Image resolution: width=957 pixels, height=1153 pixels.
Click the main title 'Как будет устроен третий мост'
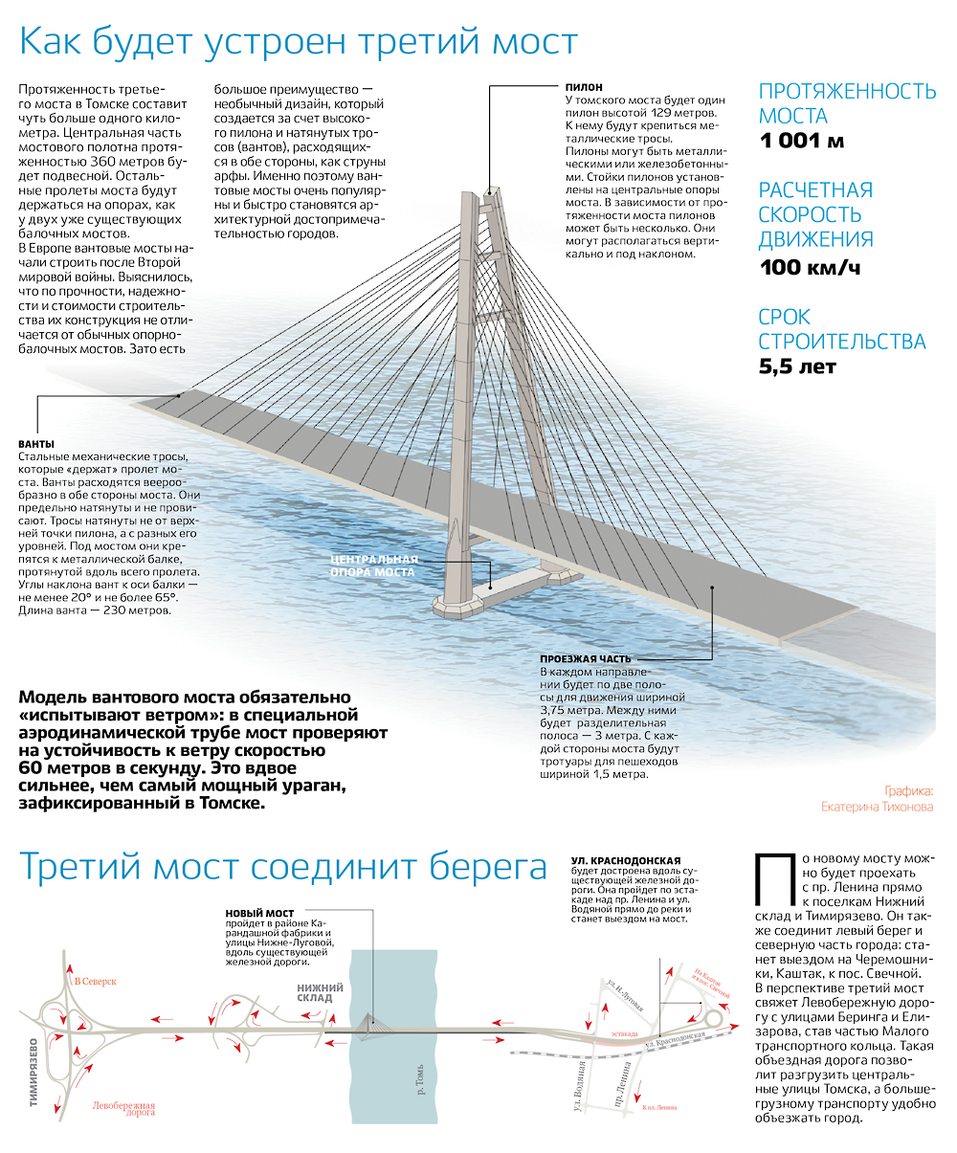click(299, 43)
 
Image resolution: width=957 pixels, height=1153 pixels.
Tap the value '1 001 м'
click(802, 143)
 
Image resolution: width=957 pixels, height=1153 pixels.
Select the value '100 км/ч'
click(810, 267)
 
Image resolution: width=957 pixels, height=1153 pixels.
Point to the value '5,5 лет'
click(797, 366)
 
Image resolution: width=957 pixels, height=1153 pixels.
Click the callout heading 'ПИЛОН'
click(585, 87)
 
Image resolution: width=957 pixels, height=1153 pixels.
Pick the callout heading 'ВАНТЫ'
click(36, 444)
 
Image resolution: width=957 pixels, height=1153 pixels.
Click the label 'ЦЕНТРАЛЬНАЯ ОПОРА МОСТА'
click(373, 565)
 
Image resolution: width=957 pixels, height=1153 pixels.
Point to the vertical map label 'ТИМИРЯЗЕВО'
click(33, 1072)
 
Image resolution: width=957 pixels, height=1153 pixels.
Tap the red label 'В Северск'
click(95, 982)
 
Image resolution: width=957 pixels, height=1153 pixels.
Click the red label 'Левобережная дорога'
click(124, 1108)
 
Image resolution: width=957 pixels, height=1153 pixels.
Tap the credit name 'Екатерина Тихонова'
click(877, 807)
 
